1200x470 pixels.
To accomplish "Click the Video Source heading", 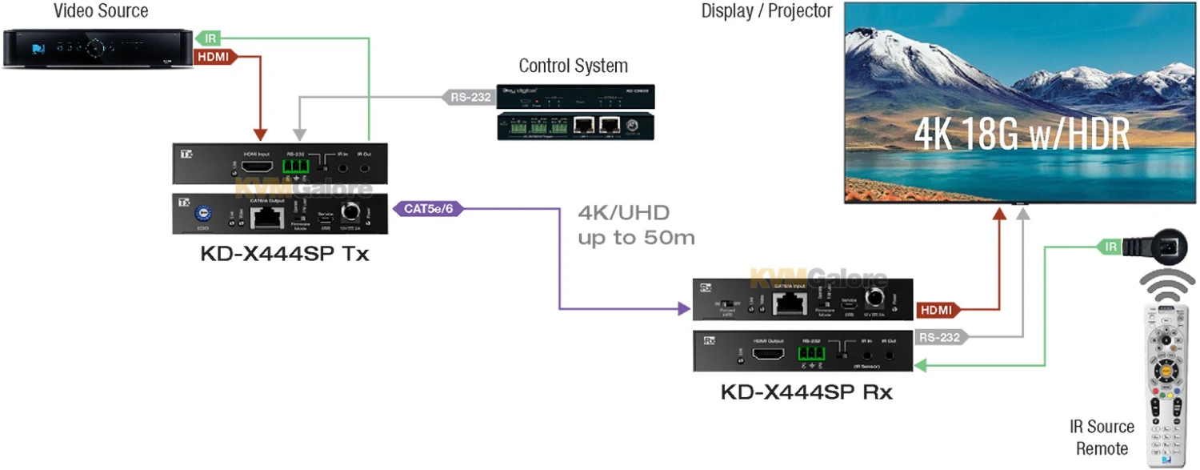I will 101,11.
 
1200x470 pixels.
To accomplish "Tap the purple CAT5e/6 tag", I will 429,209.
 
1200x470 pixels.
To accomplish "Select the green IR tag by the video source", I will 209,38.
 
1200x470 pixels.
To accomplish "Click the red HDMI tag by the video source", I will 213,57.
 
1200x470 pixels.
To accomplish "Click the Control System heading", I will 573,66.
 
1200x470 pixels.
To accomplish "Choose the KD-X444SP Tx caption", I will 284,255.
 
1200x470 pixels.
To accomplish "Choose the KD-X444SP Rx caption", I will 806,392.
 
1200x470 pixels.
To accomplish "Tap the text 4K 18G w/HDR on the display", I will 1022,135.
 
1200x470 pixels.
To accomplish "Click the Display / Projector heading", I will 766,11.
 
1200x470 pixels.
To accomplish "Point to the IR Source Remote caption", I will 1102,437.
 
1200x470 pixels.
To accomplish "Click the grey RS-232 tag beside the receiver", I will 940,338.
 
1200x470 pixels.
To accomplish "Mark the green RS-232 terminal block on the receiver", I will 811,352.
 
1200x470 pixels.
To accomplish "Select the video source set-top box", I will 96,49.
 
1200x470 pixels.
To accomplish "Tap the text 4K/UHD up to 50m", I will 636,225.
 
